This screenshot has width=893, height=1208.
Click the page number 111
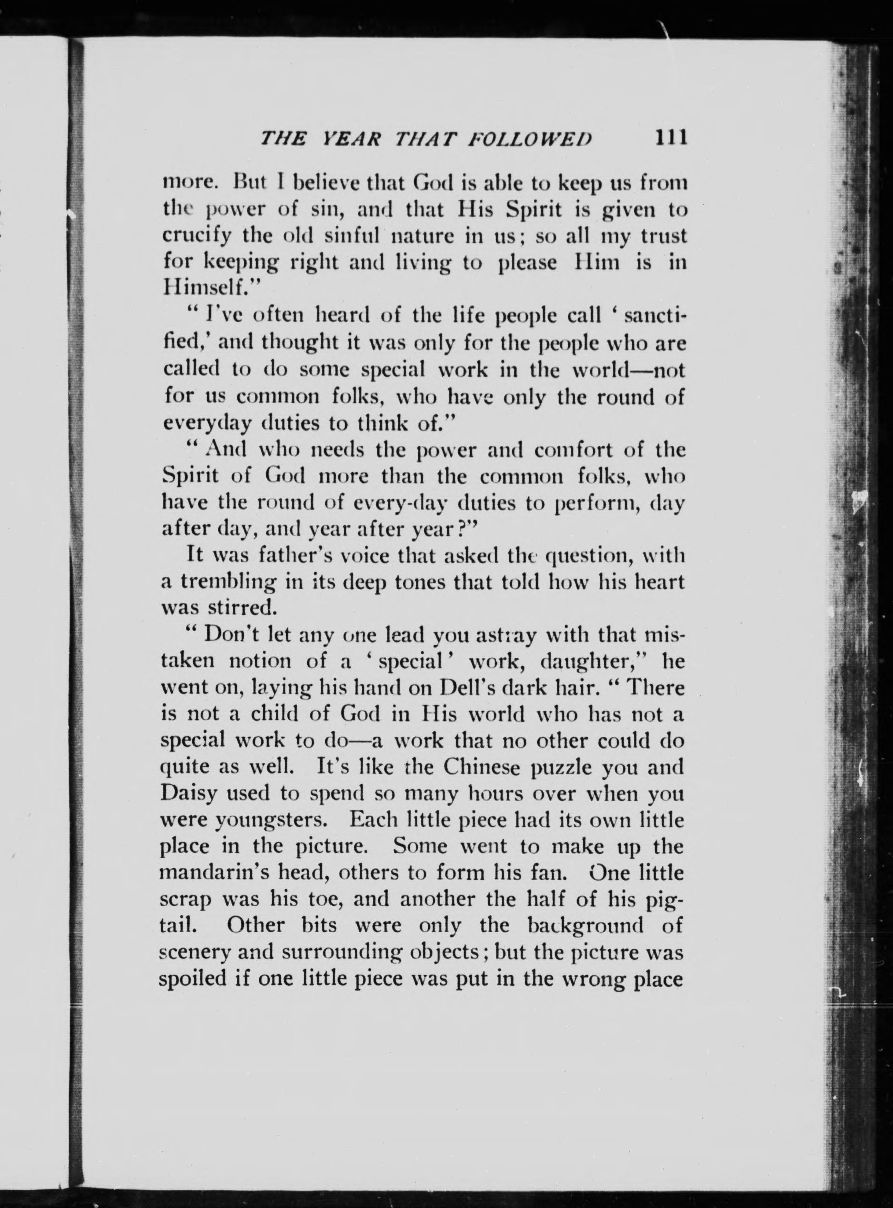[670, 138]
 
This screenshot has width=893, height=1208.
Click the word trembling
[229, 583]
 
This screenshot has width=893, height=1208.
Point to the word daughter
[595, 661]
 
